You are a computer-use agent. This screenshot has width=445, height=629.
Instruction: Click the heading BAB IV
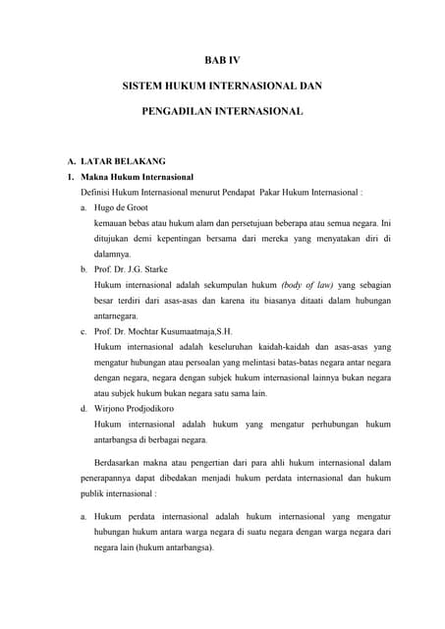coord(222,61)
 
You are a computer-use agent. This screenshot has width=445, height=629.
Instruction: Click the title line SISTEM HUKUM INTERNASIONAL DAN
coord(222,87)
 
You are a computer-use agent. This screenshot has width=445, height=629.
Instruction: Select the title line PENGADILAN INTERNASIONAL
coord(222,113)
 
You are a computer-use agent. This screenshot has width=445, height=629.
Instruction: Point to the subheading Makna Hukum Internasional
coord(138,176)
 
